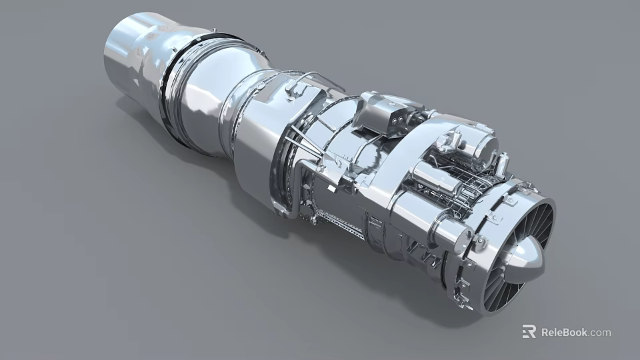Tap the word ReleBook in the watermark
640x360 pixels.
click(564, 332)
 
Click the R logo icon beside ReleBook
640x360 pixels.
click(529, 331)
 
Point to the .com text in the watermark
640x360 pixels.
click(600, 332)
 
